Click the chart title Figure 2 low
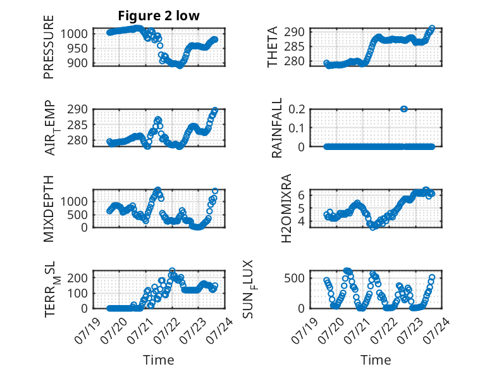pos(159,16)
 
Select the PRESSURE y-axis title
pos(49,47)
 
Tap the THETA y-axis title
pos(273,47)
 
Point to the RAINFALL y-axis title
pos(277,128)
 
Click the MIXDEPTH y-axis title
pos(49,209)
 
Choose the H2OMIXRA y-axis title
pos(286,208)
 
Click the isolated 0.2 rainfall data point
pos(404,109)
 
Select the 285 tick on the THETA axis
pos(294,47)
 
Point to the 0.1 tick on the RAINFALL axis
pos(297,128)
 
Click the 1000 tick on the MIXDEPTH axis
pos(74,201)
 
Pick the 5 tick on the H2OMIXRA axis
pos(301,208)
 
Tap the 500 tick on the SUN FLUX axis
pos(294,278)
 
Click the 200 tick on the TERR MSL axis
pos(78,278)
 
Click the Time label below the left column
pos(159,360)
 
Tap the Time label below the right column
pos(376,360)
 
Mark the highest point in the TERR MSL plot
pos(172,271)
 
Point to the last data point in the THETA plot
pos(432,28)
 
